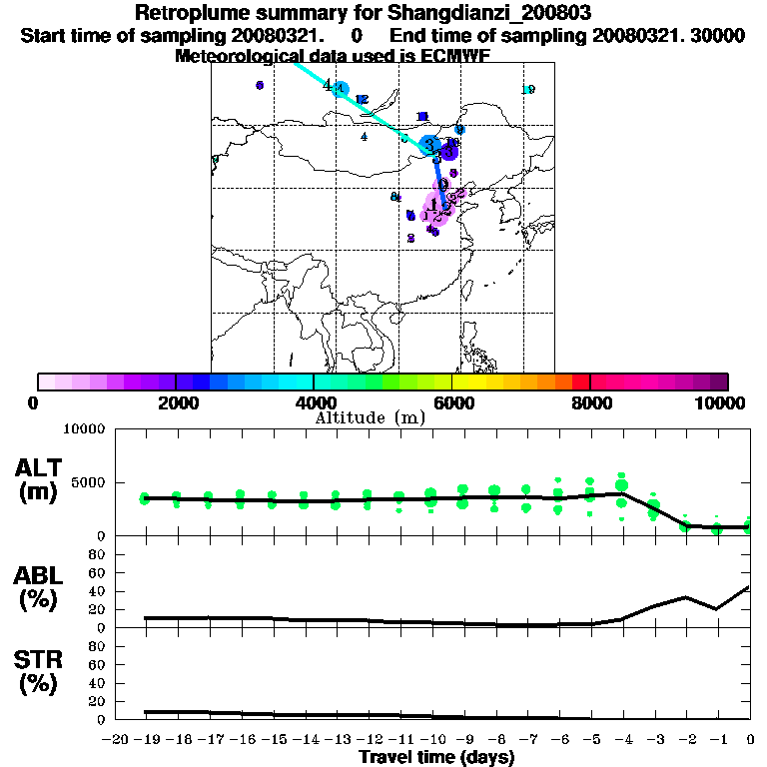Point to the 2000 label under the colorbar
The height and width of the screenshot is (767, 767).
coord(176,402)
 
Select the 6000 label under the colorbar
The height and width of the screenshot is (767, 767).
coord(451,402)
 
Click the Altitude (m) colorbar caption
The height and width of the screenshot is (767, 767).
coord(370,417)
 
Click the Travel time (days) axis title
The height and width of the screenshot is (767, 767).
coord(436,758)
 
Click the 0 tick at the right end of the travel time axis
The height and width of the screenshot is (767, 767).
coord(750,739)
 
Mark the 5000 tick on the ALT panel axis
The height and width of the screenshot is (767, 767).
coord(89,483)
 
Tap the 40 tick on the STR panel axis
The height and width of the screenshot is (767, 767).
coord(97,683)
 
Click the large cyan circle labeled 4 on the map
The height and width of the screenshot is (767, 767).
coord(341,89)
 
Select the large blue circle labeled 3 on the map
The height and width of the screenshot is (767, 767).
coord(430,146)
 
